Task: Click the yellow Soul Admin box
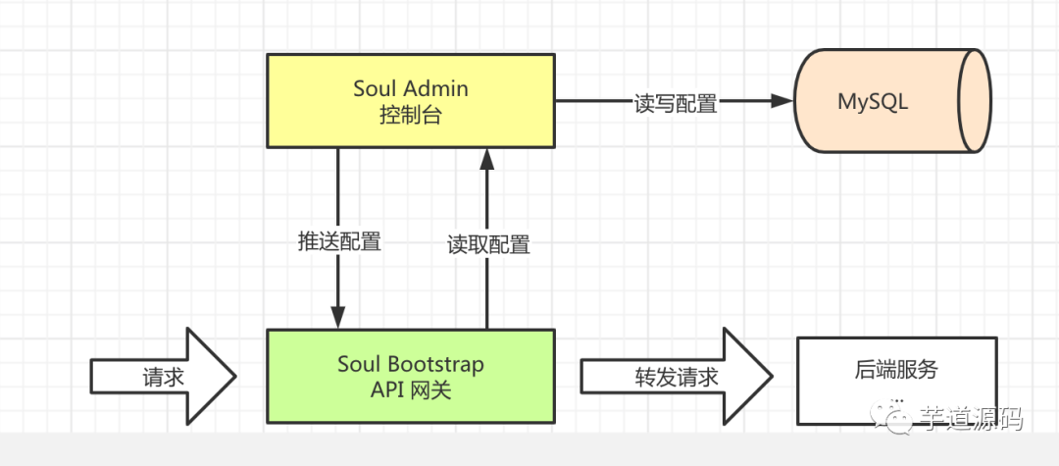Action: [x=411, y=101]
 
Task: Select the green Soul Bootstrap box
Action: [x=411, y=376]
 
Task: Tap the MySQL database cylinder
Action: [x=893, y=101]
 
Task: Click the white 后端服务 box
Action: [x=897, y=381]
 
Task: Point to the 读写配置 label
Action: [x=676, y=104]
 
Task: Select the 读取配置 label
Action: [x=488, y=244]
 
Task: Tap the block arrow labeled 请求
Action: [x=164, y=376]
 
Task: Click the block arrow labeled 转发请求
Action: [x=677, y=376]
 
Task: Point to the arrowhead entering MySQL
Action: [x=782, y=101]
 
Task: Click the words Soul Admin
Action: [x=411, y=88]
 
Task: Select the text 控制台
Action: [x=411, y=116]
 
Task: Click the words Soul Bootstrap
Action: [x=411, y=364]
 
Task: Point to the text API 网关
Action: [x=411, y=390]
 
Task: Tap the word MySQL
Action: [x=873, y=101]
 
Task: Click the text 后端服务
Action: [x=897, y=370]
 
